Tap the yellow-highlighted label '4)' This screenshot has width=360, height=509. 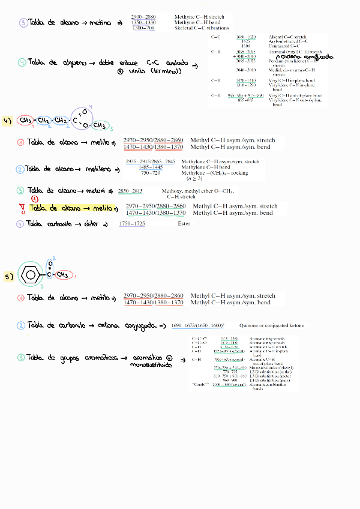[8, 121]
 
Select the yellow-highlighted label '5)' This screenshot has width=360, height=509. [8, 278]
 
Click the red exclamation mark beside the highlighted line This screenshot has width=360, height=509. [22, 209]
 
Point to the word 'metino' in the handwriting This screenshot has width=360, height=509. [100, 23]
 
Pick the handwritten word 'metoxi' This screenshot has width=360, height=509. [98, 190]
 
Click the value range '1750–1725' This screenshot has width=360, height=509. [132, 223]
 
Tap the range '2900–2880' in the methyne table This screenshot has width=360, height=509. [144, 17]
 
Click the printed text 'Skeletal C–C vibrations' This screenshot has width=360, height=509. [202, 28]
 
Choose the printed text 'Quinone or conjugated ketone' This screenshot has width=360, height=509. [271, 325]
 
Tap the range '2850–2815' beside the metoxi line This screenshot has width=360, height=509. [131, 191]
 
